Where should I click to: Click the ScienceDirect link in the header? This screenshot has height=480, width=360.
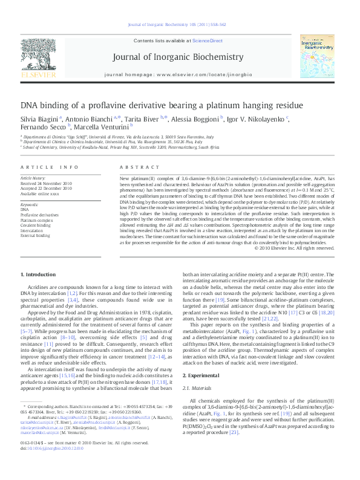tap(207, 41)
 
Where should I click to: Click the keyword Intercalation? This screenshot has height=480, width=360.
tap(32, 230)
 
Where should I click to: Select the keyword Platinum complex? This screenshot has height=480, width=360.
tap(36, 220)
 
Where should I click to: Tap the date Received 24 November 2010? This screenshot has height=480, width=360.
tap(46, 183)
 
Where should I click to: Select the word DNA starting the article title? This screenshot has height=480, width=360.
tap(29, 105)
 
